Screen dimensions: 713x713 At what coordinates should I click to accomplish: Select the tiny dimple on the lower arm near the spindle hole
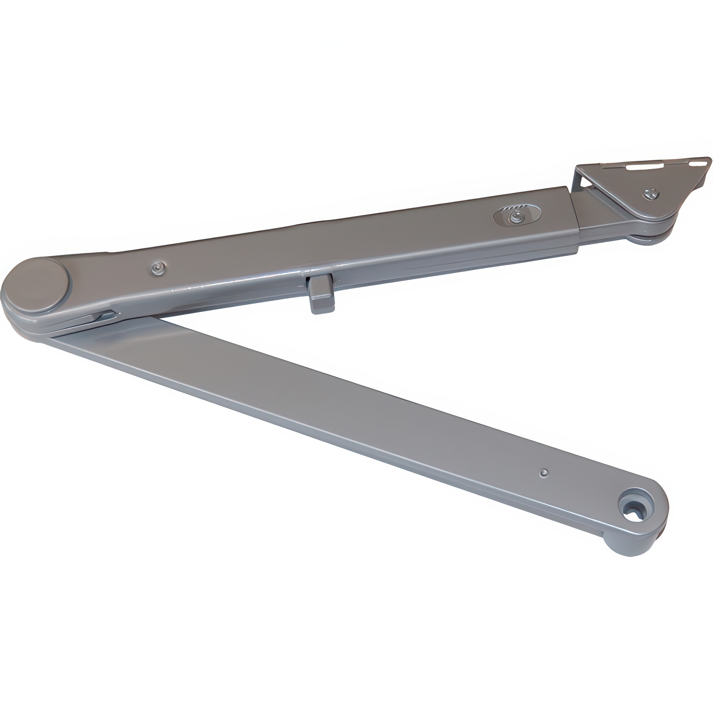[543, 472]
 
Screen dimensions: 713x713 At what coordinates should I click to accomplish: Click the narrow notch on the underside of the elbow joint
[105, 316]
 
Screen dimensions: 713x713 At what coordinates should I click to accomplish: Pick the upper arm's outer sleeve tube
[369, 244]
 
